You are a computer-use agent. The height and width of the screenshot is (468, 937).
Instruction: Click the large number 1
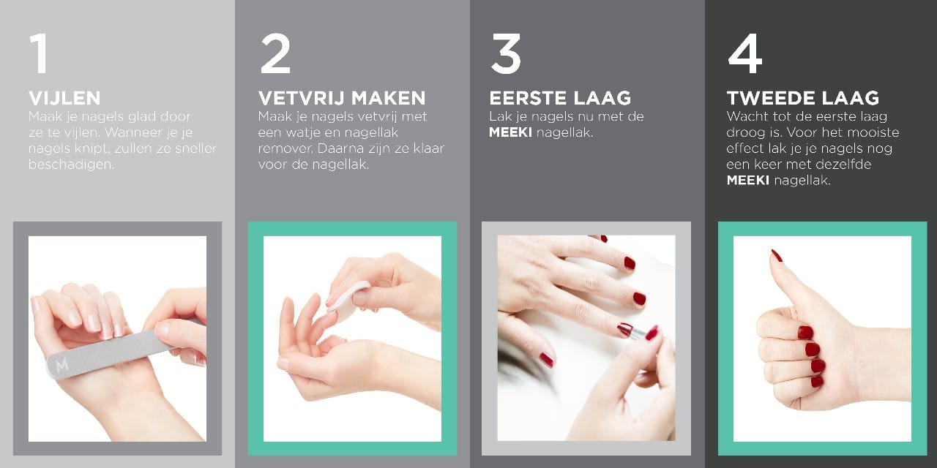click(39, 53)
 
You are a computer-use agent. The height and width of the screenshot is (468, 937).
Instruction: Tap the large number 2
click(275, 53)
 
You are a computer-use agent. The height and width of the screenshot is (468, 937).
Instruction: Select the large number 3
click(506, 53)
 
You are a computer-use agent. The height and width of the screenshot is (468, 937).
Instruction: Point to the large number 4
click(745, 53)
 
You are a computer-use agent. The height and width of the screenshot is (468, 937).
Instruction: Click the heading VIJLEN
click(65, 98)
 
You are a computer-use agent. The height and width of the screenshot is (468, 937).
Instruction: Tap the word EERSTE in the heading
click(528, 98)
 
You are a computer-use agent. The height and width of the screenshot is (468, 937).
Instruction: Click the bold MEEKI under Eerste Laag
click(511, 132)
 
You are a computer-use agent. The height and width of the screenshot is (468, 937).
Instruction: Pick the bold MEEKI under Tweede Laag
click(748, 180)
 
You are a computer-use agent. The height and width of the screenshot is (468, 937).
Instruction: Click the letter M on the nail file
click(62, 365)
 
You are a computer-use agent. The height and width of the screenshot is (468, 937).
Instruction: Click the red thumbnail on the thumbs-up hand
click(777, 256)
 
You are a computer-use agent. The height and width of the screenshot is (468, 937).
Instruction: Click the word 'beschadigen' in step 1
click(71, 165)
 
